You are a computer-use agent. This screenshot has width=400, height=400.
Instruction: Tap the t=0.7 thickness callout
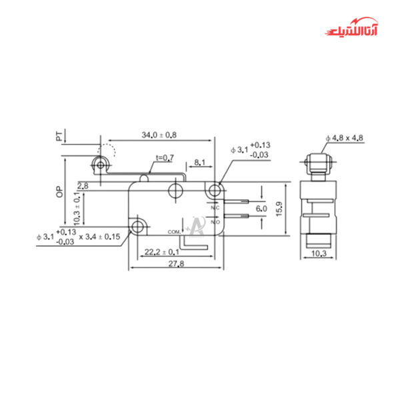pyautogui.click(x=164, y=157)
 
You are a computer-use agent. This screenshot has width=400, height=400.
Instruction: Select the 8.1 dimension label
pyautogui.click(x=199, y=162)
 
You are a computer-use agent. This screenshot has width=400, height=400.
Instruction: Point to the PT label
pyautogui.click(x=59, y=136)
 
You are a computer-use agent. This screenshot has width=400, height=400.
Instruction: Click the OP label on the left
pyautogui.click(x=59, y=192)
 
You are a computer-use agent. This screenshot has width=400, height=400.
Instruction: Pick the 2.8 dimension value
pyautogui.click(x=83, y=185)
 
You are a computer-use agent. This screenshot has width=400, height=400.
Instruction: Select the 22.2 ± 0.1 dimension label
pyautogui.click(x=161, y=251)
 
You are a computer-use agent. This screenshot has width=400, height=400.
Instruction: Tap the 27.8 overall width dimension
pyautogui.click(x=174, y=264)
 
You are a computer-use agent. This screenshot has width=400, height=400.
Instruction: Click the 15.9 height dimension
pyautogui.click(x=280, y=208)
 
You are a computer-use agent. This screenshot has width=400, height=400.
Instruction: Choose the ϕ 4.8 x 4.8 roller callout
pyautogui.click(x=344, y=138)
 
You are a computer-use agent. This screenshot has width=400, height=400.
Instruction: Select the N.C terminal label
pyautogui.click(x=215, y=209)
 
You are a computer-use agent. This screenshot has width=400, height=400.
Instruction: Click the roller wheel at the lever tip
pyautogui.click(x=101, y=164)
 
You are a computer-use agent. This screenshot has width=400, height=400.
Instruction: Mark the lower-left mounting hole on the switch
pyautogui.click(x=138, y=227)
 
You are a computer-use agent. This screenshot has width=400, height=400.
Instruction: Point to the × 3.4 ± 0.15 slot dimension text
pyautogui.click(x=99, y=237)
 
